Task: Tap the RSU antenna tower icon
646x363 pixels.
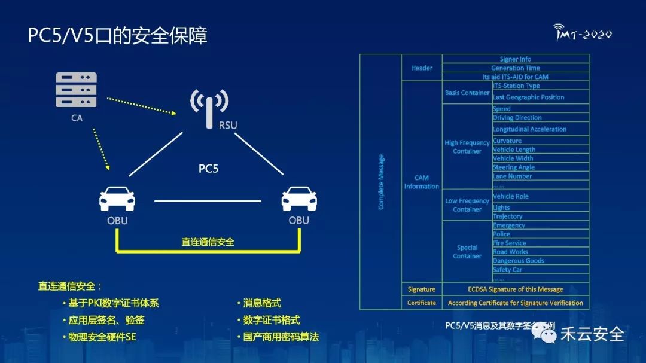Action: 209,108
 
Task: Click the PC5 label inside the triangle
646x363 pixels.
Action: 209,169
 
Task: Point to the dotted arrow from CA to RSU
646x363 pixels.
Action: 142,105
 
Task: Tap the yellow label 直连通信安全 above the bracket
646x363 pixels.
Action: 208,242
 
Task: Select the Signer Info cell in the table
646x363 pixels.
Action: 515,59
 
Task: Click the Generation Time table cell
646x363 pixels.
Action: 515,68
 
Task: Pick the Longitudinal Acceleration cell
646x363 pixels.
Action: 529,129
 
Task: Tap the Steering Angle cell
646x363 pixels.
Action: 514,167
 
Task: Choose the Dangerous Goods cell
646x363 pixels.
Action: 519,261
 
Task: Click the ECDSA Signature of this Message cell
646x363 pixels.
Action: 515,289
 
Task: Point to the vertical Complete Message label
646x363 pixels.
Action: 381,182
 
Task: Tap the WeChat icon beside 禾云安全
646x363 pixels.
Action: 544,334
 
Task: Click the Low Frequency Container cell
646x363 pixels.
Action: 467,205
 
